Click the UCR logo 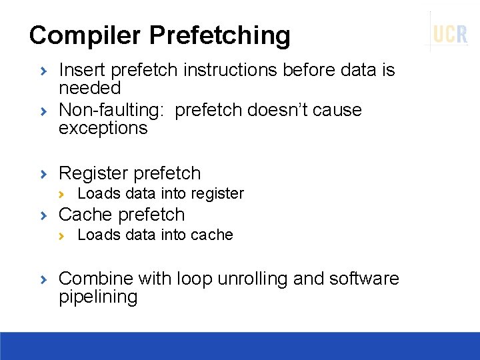450,33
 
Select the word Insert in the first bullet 83,70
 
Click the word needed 89,88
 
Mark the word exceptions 103,128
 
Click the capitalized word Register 93,173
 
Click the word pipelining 98,297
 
